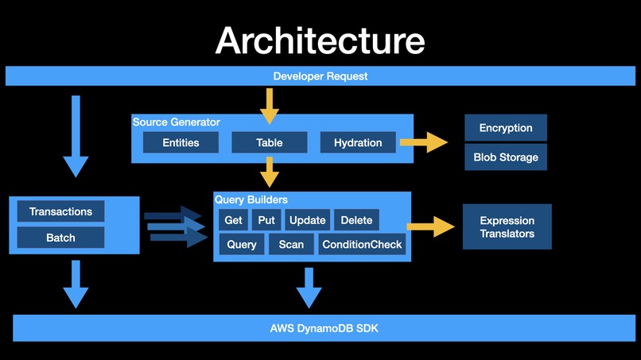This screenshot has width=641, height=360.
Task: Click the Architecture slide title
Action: click(x=320, y=40)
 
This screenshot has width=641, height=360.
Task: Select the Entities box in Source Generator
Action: click(x=181, y=143)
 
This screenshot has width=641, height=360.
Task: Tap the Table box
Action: click(x=269, y=143)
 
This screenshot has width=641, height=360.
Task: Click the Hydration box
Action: click(x=358, y=143)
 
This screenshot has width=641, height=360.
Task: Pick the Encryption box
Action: click(x=505, y=128)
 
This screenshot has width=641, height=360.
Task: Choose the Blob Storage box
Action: click(x=505, y=157)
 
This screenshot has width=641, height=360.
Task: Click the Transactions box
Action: click(x=60, y=211)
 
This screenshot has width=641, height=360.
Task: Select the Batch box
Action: click(x=60, y=238)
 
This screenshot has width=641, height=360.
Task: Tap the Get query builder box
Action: click(x=233, y=220)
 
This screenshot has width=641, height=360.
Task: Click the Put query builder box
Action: click(x=266, y=220)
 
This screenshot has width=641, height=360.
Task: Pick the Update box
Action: click(x=307, y=220)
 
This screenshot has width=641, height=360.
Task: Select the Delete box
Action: click(x=356, y=220)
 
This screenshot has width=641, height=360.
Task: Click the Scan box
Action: click(x=291, y=245)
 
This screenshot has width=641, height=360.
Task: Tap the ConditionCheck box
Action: click(x=362, y=245)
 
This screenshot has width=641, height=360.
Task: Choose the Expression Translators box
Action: click(x=507, y=227)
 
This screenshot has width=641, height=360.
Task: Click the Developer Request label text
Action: click(x=320, y=76)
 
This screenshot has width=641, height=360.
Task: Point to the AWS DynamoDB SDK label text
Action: click(x=320, y=327)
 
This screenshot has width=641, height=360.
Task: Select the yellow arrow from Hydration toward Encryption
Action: click(x=423, y=142)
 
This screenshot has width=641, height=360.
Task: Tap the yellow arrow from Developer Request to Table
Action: click(x=270, y=105)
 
